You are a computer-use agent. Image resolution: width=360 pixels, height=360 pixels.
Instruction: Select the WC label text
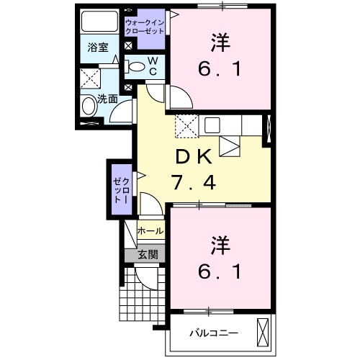coord(153,66)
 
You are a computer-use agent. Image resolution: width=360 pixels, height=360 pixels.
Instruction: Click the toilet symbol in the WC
coord(137,66)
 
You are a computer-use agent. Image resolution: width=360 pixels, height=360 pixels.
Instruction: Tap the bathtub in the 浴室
coord(99,21)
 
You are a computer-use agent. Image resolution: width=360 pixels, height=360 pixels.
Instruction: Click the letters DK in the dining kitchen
coord(191,157)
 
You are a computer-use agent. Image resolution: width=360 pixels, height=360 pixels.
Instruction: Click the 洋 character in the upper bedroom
coord(220,43)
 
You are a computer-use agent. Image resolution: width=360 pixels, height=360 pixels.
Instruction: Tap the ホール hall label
coord(150,231)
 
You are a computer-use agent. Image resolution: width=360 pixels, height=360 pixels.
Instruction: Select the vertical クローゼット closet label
coord(120,187)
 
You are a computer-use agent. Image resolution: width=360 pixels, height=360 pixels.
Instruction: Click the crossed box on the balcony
coord(264,333)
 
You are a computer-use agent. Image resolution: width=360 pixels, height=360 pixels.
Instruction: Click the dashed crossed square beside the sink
coord(185,125)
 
